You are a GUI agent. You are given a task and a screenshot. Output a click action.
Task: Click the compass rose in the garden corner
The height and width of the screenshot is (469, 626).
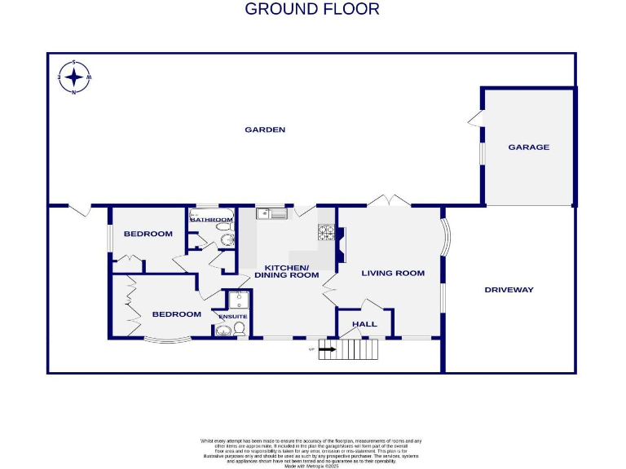(74, 77)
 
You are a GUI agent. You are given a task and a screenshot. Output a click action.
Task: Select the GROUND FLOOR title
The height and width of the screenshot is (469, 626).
(312, 10)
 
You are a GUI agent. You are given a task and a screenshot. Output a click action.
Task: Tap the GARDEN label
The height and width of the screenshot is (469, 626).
(266, 129)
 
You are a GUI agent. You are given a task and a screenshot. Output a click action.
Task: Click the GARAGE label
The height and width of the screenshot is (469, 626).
(528, 147)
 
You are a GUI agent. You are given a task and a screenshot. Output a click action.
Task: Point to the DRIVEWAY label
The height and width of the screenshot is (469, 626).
(509, 290)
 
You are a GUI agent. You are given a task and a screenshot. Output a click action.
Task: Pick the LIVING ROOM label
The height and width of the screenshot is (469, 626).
(393, 274)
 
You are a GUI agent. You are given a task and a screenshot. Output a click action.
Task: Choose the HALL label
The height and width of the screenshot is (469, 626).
(364, 324)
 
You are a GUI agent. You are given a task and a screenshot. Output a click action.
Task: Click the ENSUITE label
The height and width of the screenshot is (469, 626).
(232, 316)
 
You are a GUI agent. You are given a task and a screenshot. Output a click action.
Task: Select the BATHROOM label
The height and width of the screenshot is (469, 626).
(211, 219)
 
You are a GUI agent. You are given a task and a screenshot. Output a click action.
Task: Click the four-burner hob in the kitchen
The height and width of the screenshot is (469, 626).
(326, 234)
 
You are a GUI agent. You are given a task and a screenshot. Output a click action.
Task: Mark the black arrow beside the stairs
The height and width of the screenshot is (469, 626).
(327, 350)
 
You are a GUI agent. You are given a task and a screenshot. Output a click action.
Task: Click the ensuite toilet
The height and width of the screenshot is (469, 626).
(239, 329)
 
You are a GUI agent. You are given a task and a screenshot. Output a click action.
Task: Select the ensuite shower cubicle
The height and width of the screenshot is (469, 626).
(238, 299)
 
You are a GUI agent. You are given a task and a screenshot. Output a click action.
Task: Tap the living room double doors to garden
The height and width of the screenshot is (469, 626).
(389, 200)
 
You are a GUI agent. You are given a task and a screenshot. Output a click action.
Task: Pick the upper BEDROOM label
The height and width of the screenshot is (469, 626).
(148, 234)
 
